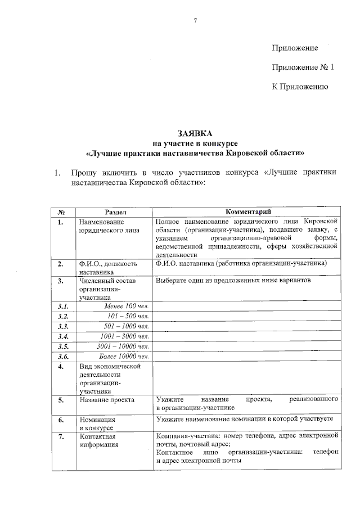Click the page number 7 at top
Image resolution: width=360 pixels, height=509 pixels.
coord(195,21)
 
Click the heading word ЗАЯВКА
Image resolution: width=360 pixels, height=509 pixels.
coord(195,133)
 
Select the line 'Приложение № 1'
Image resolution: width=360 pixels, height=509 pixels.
coord(303,67)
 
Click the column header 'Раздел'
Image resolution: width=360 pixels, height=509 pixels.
coord(115,212)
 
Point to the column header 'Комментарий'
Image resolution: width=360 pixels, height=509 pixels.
coord(248,212)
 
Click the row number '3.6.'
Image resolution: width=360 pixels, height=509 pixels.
coord(63,357)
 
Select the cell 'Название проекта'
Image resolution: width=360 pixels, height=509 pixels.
coord(107,400)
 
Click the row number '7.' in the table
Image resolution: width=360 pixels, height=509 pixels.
coord(61,436)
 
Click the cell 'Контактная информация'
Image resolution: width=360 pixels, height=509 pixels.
coord(99,440)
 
